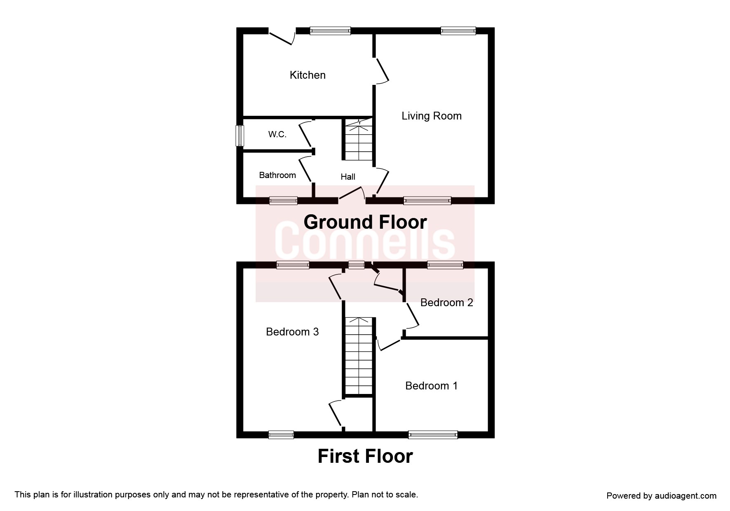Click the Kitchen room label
tap(307, 75)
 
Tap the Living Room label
tap(432, 116)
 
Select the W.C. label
tap(277, 134)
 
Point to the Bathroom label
tap(277, 175)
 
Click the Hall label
tap(348, 177)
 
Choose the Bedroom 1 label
tap(432, 386)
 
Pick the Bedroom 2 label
tap(446, 303)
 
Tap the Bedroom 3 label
tap(292, 332)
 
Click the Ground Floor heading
tap(365, 222)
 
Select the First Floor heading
tap(365, 456)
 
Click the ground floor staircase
tap(359, 140)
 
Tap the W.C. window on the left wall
tap(239, 136)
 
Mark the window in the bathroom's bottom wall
tap(283, 201)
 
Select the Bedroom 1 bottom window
tap(433, 434)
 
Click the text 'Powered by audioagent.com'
tap(662, 496)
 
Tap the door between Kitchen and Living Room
tap(381, 71)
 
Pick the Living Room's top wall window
tap(458, 30)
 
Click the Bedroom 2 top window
tap(445, 265)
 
